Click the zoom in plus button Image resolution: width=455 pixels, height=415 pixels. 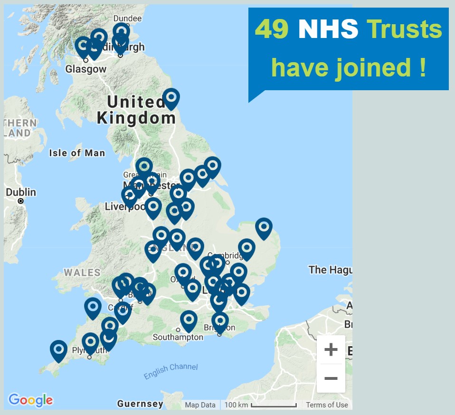click(331, 350)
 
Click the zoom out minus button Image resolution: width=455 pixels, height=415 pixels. click(331, 378)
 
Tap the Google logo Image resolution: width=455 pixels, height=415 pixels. click(30, 400)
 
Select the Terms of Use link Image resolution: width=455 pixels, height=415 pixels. click(327, 405)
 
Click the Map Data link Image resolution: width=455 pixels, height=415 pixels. click(200, 405)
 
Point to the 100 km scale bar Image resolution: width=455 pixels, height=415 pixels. click(274, 406)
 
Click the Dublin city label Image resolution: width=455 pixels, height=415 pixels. click(21, 192)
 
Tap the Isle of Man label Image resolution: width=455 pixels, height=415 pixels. click(77, 153)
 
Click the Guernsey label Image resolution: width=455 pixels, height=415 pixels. click(140, 405)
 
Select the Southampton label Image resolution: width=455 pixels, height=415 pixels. click(178, 338)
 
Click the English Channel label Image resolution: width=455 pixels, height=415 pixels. click(171, 371)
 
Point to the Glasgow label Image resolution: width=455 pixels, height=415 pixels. click(86, 69)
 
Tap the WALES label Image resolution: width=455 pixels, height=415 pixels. click(82, 273)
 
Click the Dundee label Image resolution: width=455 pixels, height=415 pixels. click(127, 19)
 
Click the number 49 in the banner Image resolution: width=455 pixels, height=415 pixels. click(273, 29)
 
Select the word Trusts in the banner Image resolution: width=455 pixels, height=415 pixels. click(404, 29)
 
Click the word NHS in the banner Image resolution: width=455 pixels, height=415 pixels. click(328, 29)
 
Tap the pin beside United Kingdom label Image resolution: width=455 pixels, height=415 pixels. click(171, 98)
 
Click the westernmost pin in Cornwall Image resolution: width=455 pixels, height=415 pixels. click(58, 349)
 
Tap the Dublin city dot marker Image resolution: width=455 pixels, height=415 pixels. click(20, 201)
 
